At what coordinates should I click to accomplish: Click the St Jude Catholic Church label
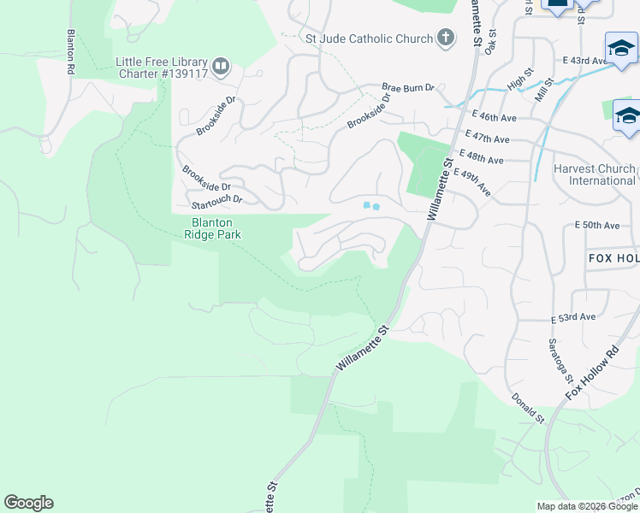coord(369,38)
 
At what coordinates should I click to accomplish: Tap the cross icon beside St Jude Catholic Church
coord(445,38)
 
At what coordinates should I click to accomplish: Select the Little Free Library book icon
coord(221,67)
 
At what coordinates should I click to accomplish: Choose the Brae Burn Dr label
coord(408,87)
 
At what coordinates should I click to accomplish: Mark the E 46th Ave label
coord(493,116)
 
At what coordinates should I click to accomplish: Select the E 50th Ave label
coord(596,225)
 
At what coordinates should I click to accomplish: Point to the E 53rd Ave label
coord(572,316)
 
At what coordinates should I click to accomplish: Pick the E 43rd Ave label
coord(585,61)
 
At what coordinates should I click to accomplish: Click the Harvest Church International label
coord(594,174)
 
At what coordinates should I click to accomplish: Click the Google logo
coord(28,503)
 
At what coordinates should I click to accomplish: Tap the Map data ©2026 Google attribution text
coord(587,506)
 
